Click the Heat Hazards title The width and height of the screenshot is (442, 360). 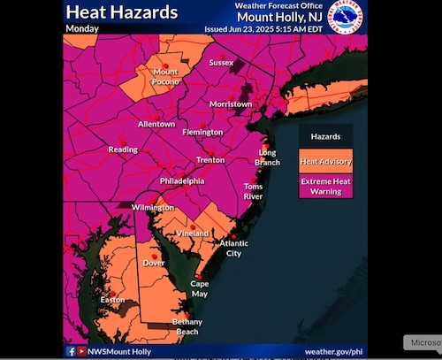pos(122,12)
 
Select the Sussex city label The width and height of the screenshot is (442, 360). pos(221,64)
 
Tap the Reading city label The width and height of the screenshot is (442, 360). pos(123,149)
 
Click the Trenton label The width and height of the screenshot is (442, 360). pos(210,160)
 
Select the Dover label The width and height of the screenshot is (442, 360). pos(156,263)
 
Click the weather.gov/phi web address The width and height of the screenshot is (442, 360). pos(334,351)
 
